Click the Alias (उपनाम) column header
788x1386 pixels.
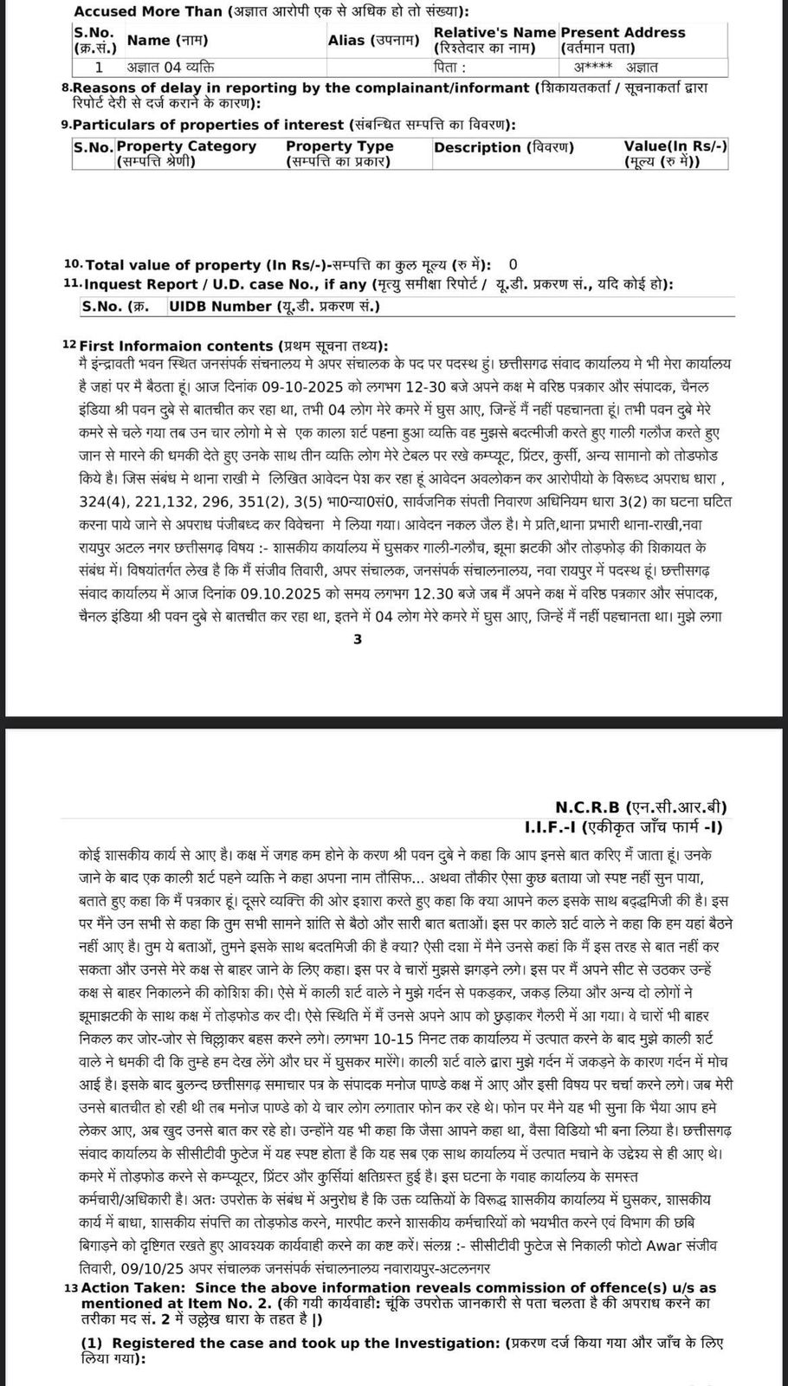(x=373, y=40)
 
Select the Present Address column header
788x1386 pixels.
(x=623, y=39)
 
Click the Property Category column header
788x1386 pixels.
(x=186, y=153)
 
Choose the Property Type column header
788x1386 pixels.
(x=339, y=153)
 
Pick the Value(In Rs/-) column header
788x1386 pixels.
(x=675, y=153)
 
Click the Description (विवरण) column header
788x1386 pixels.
(x=504, y=147)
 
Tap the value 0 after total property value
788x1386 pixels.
(x=513, y=264)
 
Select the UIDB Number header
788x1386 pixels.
(x=275, y=306)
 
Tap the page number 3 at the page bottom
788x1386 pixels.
(x=358, y=639)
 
